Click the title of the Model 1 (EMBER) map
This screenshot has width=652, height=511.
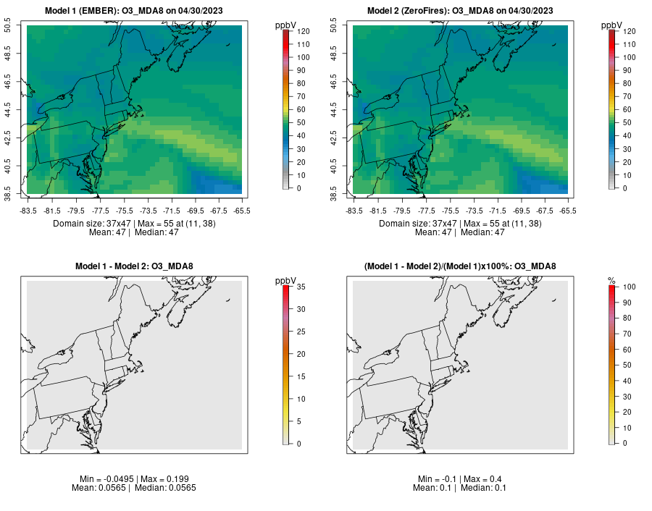click(134, 11)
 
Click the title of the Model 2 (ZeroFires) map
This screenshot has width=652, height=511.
click(460, 11)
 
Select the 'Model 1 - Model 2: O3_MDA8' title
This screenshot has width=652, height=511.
click(134, 266)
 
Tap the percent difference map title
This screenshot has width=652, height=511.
click(460, 266)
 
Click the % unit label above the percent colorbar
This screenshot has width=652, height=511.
click(611, 281)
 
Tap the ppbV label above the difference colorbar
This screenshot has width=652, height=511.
click(285, 281)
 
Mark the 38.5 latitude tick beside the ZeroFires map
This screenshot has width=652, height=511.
click(335, 193)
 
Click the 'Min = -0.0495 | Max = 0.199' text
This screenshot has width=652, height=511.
click(134, 479)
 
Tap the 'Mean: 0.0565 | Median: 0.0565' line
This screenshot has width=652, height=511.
click(134, 488)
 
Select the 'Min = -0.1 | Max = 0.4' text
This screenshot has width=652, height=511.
click(460, 479)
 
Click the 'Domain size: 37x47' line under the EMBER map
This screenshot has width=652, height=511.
click(134, 224)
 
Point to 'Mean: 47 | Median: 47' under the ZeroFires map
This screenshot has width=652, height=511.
click(460, 232)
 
